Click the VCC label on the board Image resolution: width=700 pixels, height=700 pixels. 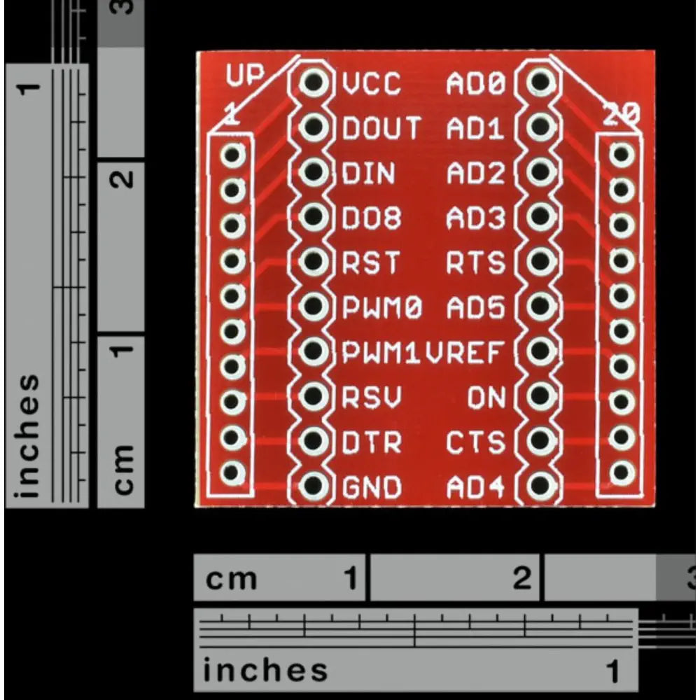[372, 83]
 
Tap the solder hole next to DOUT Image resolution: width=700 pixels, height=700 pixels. [314, 127]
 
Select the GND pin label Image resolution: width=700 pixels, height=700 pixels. [372, 486]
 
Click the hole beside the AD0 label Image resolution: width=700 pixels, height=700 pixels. [540, 82]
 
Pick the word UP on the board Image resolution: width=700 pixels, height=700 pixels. [245, 75]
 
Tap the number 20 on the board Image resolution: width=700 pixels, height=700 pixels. [622, 114]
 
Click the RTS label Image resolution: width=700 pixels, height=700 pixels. [476, 262]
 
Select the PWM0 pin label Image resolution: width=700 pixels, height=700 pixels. [382, 307]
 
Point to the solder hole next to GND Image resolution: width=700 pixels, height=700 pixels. [314, 485]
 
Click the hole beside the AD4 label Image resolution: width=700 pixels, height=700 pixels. [540, 485]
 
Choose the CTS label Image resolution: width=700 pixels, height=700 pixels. [476, 442]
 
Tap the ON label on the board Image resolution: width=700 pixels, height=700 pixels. [486, 398]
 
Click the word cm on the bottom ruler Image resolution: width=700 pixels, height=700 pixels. [231, 580]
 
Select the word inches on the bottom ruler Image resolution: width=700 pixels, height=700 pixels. [265, 670]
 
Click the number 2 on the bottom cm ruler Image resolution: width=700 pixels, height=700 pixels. [522, 577]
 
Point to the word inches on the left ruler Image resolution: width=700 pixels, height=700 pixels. [27, 435]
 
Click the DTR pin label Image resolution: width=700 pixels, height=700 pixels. [372, 442]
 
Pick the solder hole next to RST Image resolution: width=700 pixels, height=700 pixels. [314, 261]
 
